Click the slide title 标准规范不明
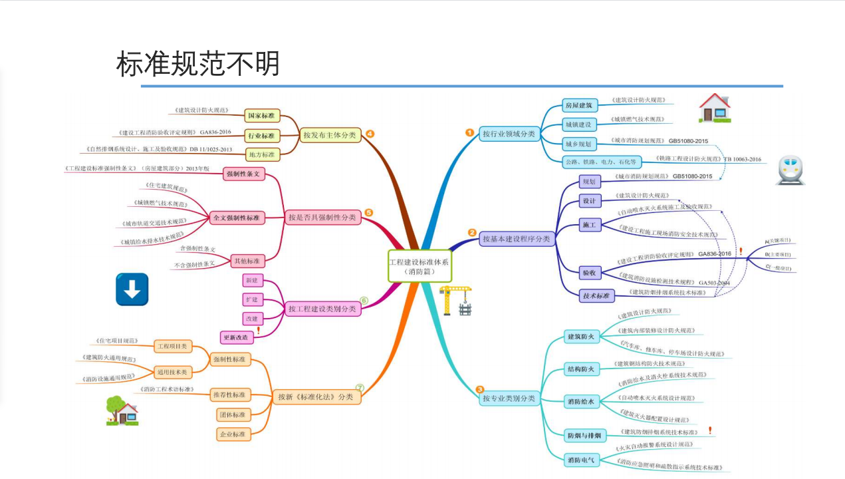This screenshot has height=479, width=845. coord(198,65)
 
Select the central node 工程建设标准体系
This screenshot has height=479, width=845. coord(419,266)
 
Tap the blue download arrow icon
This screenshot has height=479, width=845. coord(132,289)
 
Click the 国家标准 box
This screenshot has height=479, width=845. coord(260,116)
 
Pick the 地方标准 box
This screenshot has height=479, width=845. coord(260,155)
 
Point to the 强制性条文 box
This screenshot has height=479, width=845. coord(244,174)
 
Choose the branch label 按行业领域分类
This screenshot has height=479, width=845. coord(509,134)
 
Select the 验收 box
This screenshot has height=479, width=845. coord(588,273)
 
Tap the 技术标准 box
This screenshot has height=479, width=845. coord(596,295)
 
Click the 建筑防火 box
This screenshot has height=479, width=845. coord(580,337)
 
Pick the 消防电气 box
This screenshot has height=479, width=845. coord(581,460)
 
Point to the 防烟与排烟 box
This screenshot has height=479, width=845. coord(584,436)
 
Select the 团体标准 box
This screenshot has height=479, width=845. coord(232,414)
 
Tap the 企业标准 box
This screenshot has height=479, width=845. coord(232,434)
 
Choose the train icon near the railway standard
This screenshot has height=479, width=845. coord(790,170)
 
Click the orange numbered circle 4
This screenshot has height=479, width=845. coord(370,133)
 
